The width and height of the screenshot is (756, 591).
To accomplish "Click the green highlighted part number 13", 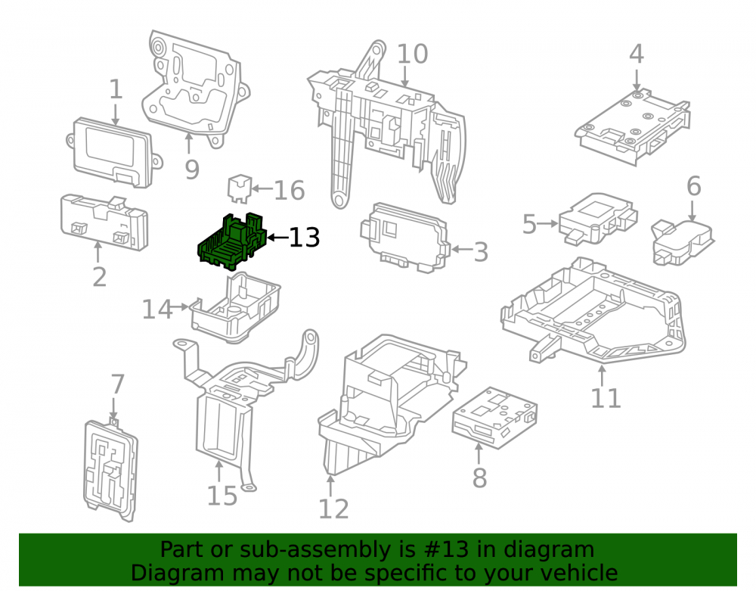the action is pos(232,243).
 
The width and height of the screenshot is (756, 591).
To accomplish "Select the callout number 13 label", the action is pos(304,238).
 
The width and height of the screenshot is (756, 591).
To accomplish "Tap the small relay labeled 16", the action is pos(239,188).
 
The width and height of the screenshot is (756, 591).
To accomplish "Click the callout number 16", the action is pos(290,190).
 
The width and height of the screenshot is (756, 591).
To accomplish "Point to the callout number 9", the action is pos(192,170).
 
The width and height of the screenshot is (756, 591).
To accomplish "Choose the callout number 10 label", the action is pos(412,54).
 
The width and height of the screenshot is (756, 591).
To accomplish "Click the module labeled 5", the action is pos(598,219).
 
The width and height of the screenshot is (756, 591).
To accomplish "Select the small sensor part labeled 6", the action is pos(682,242).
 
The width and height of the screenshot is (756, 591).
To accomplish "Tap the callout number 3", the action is pos(481,252).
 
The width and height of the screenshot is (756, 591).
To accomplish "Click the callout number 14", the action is pos(157,309).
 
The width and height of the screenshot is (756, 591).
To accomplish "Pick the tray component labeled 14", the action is pos(236,307).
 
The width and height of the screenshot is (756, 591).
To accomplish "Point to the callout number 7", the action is pos(118,384).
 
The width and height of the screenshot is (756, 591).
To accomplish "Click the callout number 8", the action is pos(479,477).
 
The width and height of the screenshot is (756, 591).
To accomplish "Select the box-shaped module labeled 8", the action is pos(494,417).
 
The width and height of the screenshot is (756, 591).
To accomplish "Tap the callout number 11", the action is pos(606,398).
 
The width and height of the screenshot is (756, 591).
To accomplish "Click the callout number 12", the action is pos(333,509).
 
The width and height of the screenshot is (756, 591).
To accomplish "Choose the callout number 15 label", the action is pos(222,496).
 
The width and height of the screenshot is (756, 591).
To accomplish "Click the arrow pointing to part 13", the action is pos(277,238).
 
